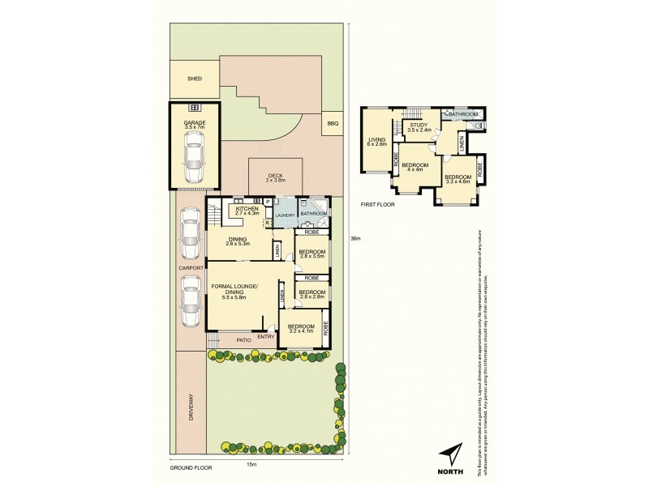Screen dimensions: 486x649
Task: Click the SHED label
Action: (195, 79)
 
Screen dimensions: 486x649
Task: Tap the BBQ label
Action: (332, 123)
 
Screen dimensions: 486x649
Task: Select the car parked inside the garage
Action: (195, 156)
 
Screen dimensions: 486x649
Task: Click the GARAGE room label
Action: (195, 122)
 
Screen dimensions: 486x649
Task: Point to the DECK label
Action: (275, 176)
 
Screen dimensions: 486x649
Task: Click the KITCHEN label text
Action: (247, 208)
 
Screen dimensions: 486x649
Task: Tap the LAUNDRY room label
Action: (284, 215)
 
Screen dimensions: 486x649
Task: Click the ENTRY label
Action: (265, 336)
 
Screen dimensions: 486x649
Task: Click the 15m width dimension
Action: (251, 463)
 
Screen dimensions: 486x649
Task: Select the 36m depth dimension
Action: (355, 238)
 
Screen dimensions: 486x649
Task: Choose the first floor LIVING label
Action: (377, 140)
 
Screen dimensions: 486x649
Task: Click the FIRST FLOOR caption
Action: (379, 204)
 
